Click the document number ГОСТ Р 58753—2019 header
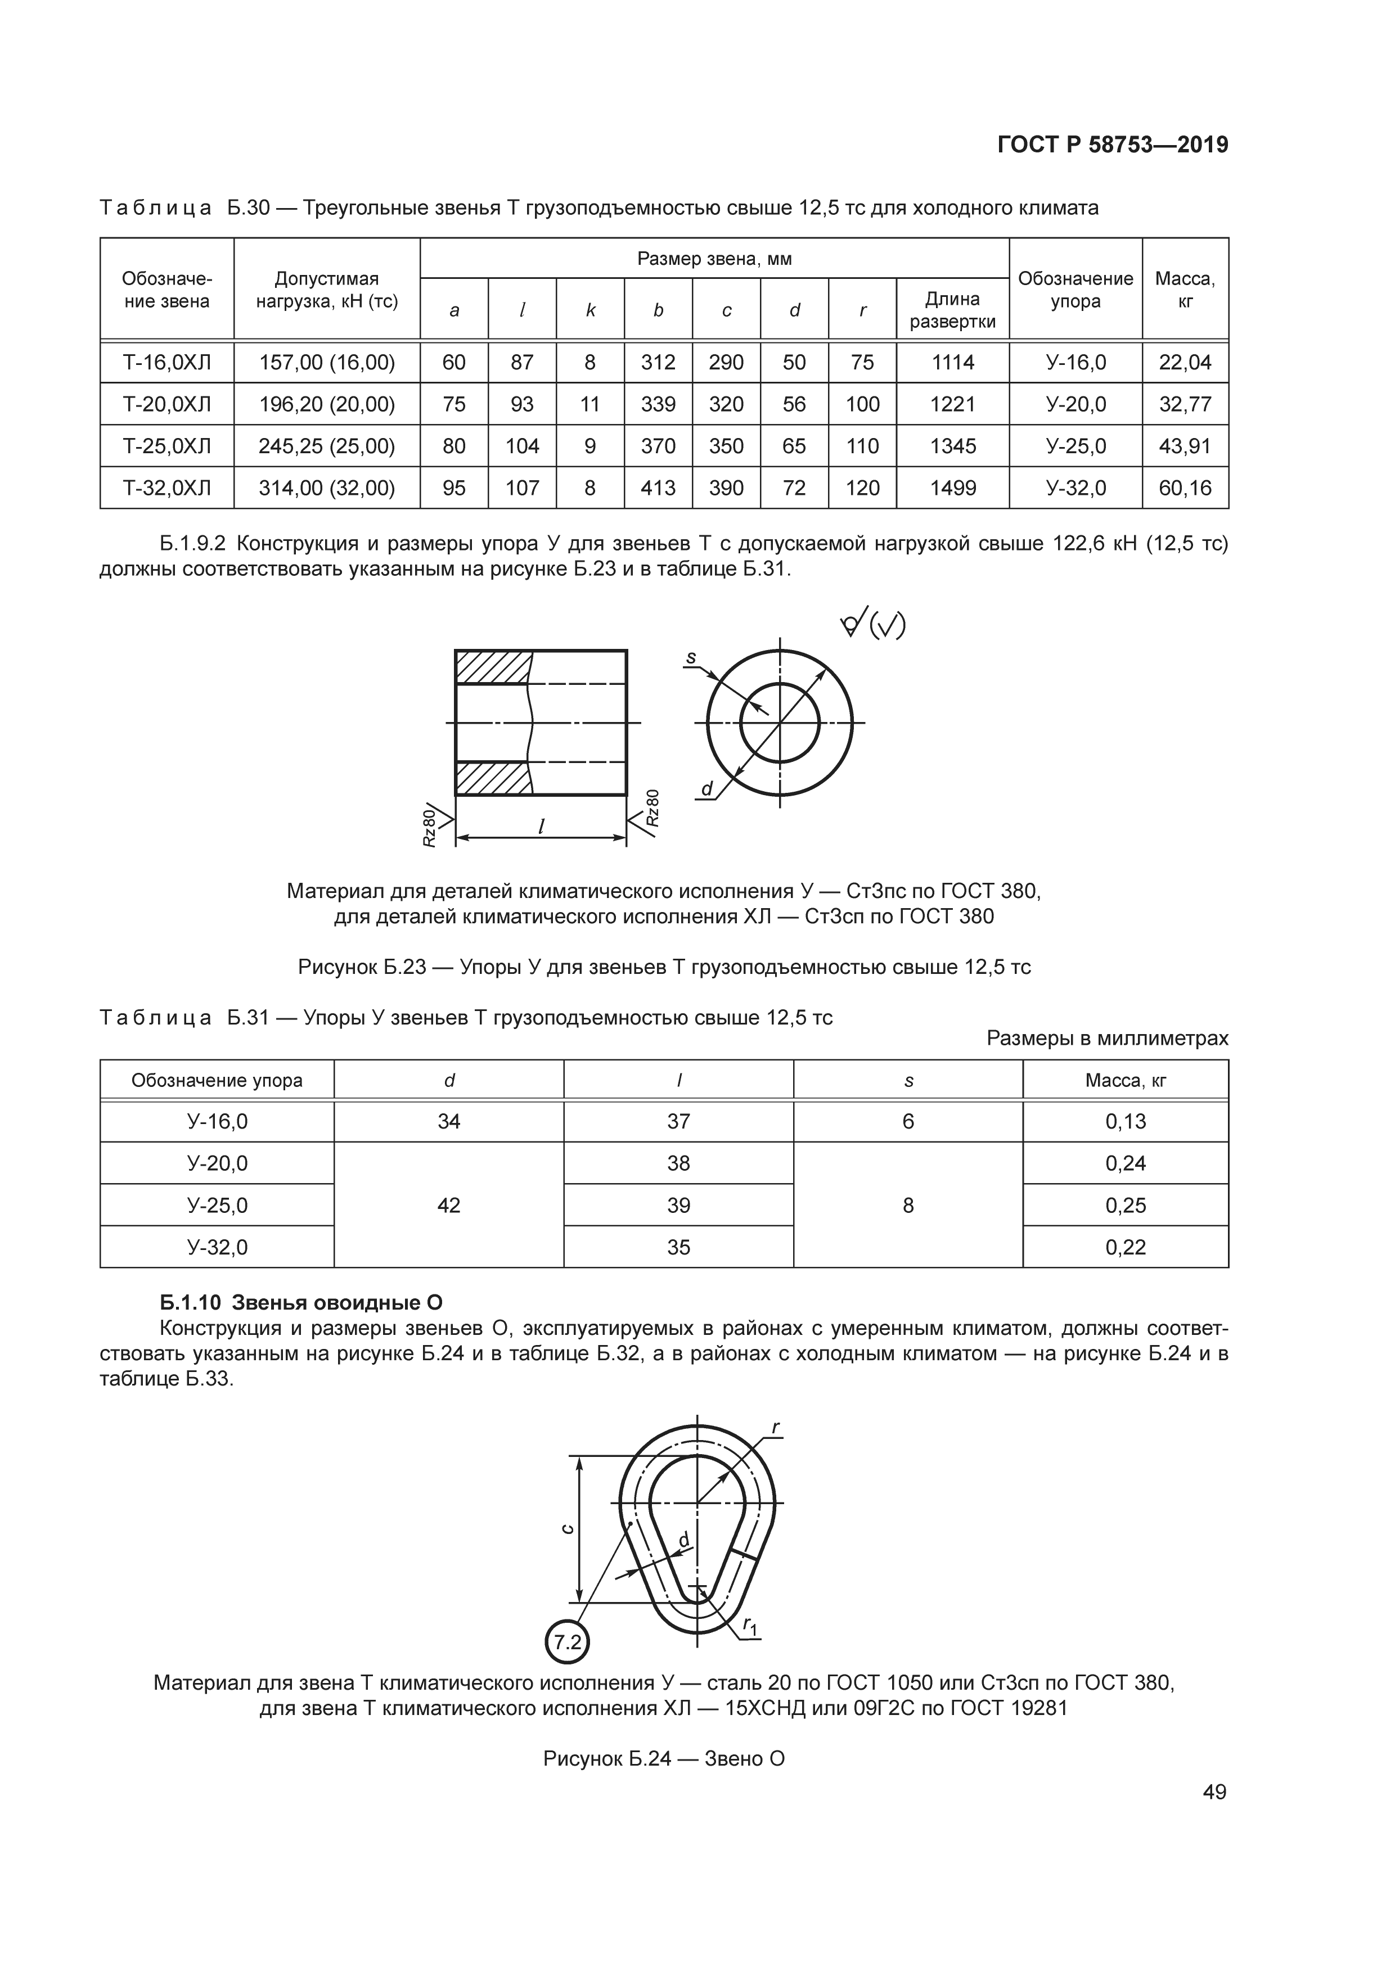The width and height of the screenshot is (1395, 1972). click(x=1113, y=145)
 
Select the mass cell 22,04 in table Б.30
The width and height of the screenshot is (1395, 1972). click(x=1185, y=363)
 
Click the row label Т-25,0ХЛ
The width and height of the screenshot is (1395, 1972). click(x=166, y=446)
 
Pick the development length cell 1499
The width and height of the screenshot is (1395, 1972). click(x=953, y=489)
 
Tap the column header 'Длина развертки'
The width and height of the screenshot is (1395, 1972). click(x=953, y=310)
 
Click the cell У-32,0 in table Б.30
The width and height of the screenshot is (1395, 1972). click(x=1075, y=489)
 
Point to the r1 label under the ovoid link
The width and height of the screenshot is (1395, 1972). click(x=750, y=1625)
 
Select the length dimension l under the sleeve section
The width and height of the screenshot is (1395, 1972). click(x=541, y=826)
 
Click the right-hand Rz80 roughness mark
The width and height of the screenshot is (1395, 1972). click(x=653, y=807)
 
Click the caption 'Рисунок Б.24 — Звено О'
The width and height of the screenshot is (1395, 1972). click(x=664, y=1758)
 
